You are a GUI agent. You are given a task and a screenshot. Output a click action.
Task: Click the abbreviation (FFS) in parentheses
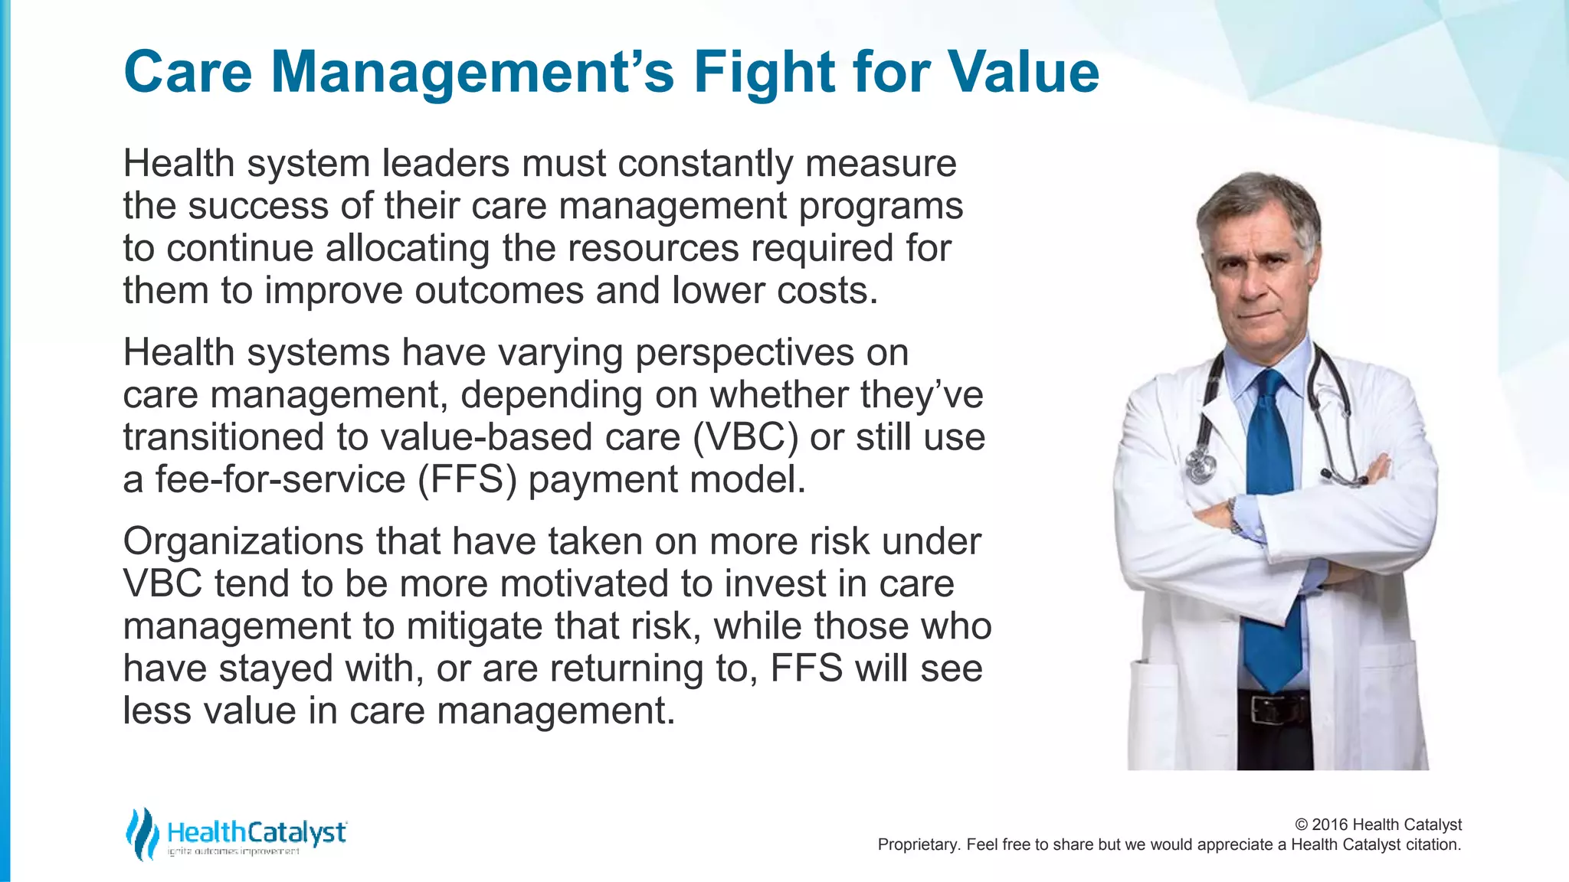click(x=467, y=480)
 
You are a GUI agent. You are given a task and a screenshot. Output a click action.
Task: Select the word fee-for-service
click(x=280, y=480)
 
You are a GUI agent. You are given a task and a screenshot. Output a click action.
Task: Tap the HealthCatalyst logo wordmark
click(x=256, y=831)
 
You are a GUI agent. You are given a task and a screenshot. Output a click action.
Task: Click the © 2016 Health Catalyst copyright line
click(x=1377, y=825)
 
